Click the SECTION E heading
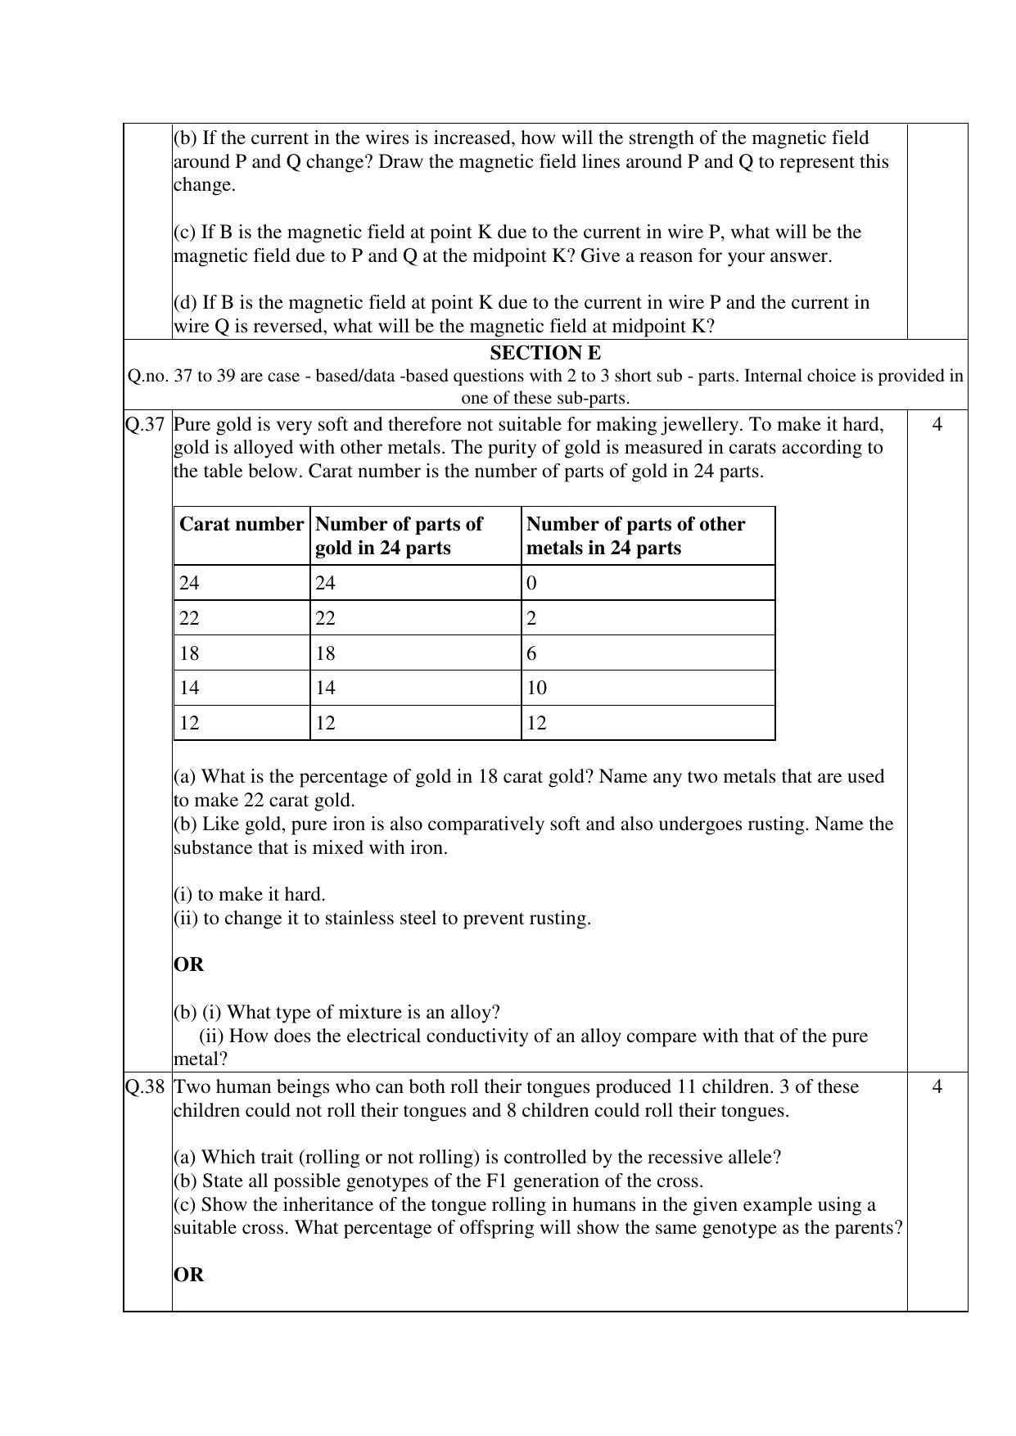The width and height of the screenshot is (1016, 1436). tap(544, 353)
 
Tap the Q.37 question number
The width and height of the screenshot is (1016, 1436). tap(146, 424)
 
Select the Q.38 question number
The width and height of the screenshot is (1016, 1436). tap(146, 1086)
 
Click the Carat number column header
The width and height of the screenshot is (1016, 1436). tap(241, 524)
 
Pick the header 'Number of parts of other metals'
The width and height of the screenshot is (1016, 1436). tap(635, 535)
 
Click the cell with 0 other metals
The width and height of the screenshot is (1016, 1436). tap(531, 583)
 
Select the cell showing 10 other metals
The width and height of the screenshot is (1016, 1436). tap(536, 688)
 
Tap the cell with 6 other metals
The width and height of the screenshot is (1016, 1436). tap(531, 653)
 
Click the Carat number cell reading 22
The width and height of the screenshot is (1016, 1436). tap(189, 618)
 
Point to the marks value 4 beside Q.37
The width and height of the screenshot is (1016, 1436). tap(937, 424)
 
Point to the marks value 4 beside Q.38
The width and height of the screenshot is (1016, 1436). tap(937, 1086)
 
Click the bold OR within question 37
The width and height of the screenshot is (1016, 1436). tap(188, 964)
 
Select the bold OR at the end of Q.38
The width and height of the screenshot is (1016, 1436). tap(188, 1275)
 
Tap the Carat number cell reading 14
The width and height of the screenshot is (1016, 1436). tap(189, 688)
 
